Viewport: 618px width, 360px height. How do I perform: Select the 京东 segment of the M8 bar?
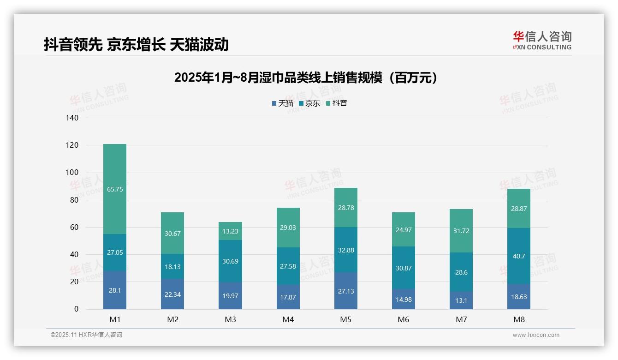tap(519, 256)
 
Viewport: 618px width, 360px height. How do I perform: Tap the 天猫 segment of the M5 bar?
tap(345, 291)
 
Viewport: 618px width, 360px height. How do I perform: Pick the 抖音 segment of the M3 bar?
tap(230, 231)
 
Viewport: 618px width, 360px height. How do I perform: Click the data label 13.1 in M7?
tap(461, 300)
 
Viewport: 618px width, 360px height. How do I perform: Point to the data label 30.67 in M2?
tap(172, 234)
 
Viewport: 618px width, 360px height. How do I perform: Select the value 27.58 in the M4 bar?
tap(288, 267)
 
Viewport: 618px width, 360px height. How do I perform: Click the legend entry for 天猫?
tap(283, 103)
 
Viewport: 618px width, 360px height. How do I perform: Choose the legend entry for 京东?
tap(309, 103)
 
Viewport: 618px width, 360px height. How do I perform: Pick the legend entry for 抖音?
tap(337, 103)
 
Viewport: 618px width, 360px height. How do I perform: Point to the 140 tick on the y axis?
tap(73, 118)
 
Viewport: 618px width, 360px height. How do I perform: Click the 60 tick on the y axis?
tap(75, 227)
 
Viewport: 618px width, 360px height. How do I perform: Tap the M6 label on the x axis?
tap(404, 320)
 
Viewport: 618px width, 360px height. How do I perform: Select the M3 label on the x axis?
tap(230, 320)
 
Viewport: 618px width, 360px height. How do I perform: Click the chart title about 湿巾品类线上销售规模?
tap(305, 78)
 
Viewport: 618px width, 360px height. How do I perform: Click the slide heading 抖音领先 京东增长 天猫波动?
tap(136, 45)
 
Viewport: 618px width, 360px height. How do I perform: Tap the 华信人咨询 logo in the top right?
tap(542, 41)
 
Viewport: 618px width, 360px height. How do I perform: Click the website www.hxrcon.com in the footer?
tap(536, 335)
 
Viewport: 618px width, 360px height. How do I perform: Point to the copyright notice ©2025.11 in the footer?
tap(86, 335)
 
